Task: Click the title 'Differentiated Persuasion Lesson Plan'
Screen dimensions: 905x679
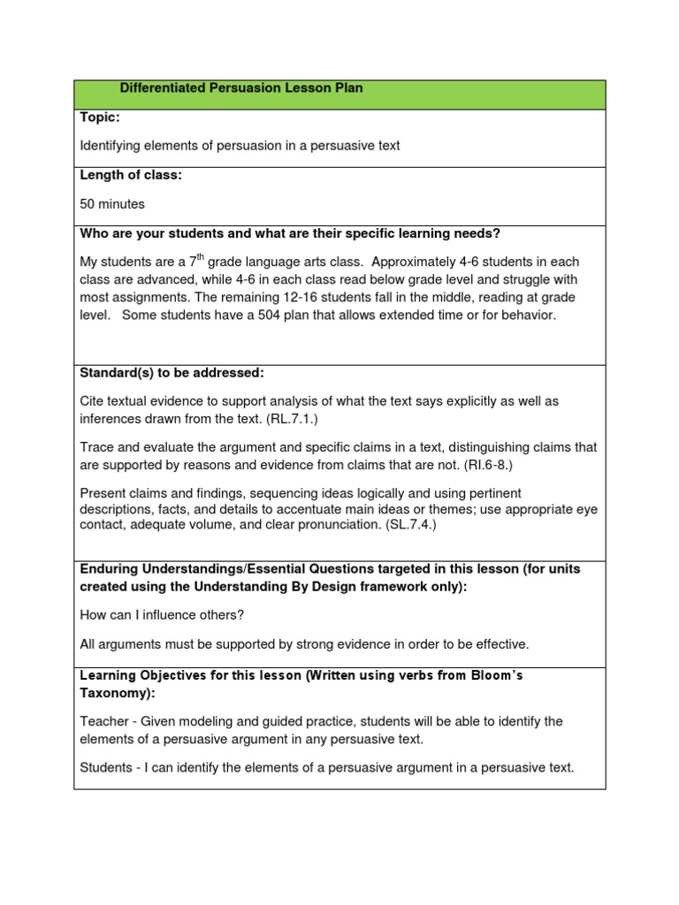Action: tap(241, 88)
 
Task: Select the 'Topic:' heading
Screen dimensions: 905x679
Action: tap(100, 117)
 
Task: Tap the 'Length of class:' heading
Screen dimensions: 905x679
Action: tap(131, 175)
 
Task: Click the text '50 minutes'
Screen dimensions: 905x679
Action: tap(112, 203)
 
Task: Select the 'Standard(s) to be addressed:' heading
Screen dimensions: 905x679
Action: tap(172, 373)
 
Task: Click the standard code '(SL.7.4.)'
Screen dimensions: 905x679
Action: tap(406, 524)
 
